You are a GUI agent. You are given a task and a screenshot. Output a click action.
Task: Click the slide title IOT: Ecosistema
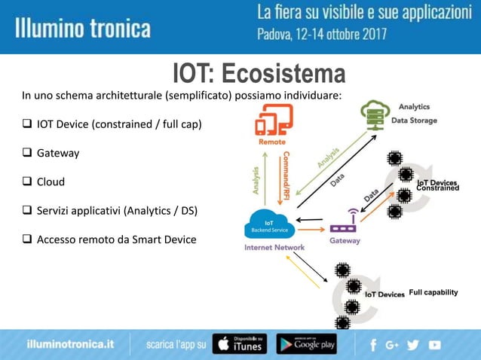pyautogui.click(x=259, y=75)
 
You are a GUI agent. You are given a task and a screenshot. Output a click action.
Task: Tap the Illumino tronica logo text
pyautogui.click(x=83, y=29)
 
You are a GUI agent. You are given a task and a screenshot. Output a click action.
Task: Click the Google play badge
pyautogui.click(x=306, y=343)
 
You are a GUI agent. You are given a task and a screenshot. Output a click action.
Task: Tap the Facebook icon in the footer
pyautogui.click(x=373, y=344)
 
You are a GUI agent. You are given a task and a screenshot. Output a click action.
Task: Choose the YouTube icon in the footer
pyautogui.click(x=434, y=344)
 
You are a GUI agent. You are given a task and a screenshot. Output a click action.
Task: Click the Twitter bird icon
pyautogui.click(x=413, y=344)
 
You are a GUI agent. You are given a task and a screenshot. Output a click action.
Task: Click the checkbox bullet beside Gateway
pyautogui.click(x=26, y=153)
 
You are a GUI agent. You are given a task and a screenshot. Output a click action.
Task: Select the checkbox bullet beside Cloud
pyautogui.click(x=26, y=182)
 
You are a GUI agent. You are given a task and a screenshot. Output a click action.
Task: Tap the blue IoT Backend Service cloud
pyautogui.click(x=267, y=224)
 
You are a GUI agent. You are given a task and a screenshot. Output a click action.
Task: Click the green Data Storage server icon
pyautogui.click(x=374, y=114)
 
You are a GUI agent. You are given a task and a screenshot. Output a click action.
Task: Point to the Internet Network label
pyautogui.click(x=274, y=247)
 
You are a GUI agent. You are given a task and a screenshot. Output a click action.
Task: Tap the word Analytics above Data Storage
pyautogui.click(x=414, y=107)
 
